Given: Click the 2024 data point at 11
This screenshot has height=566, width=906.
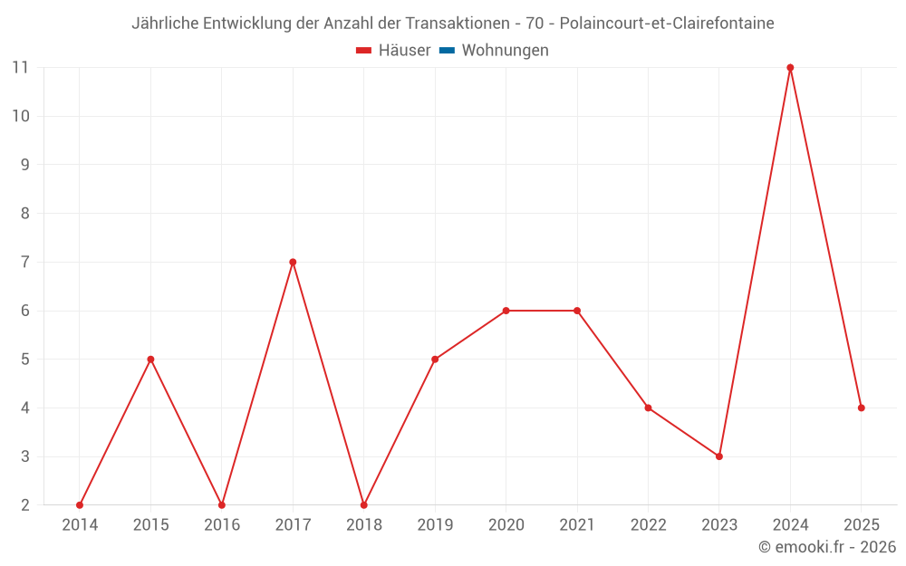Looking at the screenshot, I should click(790, 68).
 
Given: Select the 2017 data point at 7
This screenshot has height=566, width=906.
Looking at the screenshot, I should click(293, 263).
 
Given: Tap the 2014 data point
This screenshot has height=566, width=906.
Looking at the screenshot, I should click(80, 504).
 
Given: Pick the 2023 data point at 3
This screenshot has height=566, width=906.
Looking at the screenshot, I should click(719, 456).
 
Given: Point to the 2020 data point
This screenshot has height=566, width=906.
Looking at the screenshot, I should click(506, 311).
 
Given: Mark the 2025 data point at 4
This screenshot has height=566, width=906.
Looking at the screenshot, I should click(861, 408).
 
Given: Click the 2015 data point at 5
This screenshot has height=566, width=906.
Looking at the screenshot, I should click(150, 360).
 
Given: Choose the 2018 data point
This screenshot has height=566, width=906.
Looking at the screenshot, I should click(364, 504).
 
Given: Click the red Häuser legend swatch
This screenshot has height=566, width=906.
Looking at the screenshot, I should click(364, 51).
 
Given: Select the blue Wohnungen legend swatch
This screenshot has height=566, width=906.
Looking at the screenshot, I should click(447, 51).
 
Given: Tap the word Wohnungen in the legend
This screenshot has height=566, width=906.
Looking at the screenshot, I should click(505, 51).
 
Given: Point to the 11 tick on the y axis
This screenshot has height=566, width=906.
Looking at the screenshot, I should click(20, 68).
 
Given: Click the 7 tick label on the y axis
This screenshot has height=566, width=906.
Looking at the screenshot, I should click(24, 263).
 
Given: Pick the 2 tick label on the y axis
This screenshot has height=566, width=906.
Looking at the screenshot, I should click(24, 504).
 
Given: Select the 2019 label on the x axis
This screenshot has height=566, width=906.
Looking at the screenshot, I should click(435, 525).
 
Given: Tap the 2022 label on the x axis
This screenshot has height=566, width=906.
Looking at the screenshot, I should click(648, 525).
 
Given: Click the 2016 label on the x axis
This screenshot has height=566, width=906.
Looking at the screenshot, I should click(222, 525).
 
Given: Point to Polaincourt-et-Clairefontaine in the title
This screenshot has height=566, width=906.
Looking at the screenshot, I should click(667, 24).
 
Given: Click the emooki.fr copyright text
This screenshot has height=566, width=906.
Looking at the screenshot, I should click(827, 547).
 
